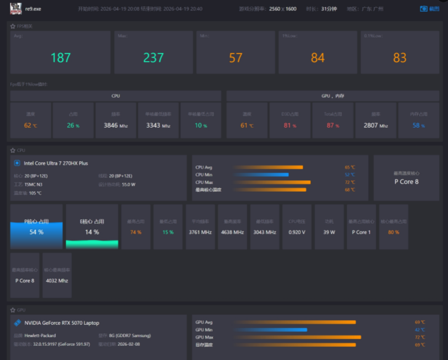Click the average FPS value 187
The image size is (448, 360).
[61, 58]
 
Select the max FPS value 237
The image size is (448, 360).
[153, 58]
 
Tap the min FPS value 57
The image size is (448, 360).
[236, 58]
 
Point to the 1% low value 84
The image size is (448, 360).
[318, 58]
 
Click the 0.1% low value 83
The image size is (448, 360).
[400, 58]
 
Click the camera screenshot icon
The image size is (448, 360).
[424, 9]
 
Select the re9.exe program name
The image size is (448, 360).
[33, 9]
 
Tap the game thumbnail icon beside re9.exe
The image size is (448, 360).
[16, 9]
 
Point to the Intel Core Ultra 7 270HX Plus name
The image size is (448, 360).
[56, 163]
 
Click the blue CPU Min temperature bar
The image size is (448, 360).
[261, 175]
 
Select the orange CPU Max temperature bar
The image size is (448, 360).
[272, 182]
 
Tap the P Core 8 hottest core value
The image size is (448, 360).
[407, 181]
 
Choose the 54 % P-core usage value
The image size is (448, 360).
[37, 232]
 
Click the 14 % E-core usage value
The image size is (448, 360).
[92, 232]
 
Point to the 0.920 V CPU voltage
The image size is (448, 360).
[297, 232]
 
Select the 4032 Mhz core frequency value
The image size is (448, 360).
[57, 281]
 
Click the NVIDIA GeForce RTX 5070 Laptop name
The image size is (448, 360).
[62, 323]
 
